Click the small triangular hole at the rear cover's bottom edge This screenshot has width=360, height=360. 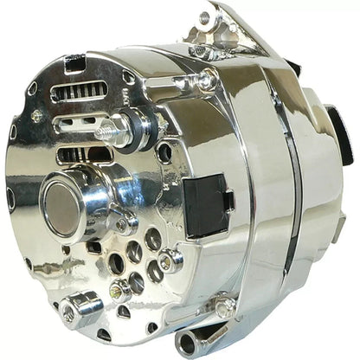tap(105, 334)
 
